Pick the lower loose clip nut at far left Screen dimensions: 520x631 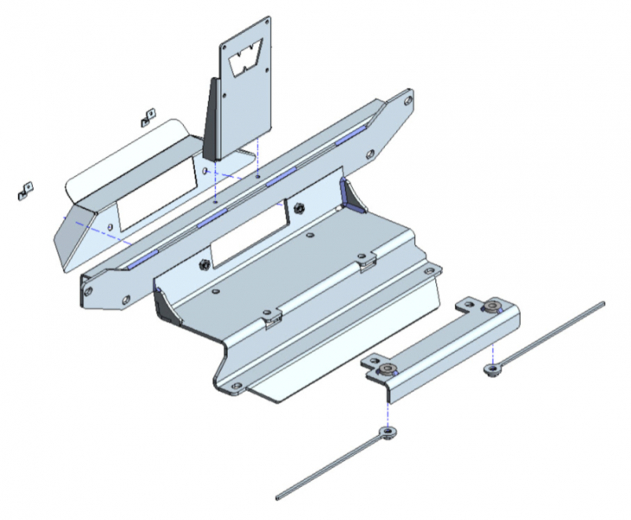click(24, 190)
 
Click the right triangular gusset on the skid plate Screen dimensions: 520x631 click(353, 194)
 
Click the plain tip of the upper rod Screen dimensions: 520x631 click(601, 303)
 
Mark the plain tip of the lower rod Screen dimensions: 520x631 click(279, 497)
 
